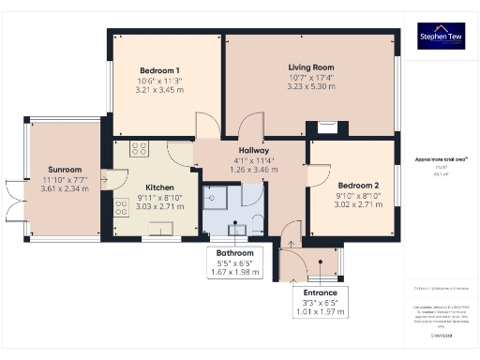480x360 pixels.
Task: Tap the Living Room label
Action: pyautogui.click(x=310, y=67)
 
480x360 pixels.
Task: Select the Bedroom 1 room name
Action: pyautogui.click(x=158, y=70)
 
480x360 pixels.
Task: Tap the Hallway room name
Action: pyautogui.click(x=254, y=150)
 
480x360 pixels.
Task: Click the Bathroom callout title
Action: pyautogui.click(x=235, y=253)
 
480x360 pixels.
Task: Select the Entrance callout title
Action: pyautogui.click(x=314, y=293)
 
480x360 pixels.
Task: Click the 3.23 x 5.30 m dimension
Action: pyautogui.click(x=310, y=87)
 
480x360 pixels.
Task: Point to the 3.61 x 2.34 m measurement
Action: pyautogui.click(x=64, y=188)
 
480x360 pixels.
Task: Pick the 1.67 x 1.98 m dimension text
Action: pyautogui.click(x=235, y=273)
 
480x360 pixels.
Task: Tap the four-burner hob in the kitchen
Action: pyautogui.click(x=140, y=147)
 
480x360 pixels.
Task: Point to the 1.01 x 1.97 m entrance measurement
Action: pyautogui.click(x=314, y=312)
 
